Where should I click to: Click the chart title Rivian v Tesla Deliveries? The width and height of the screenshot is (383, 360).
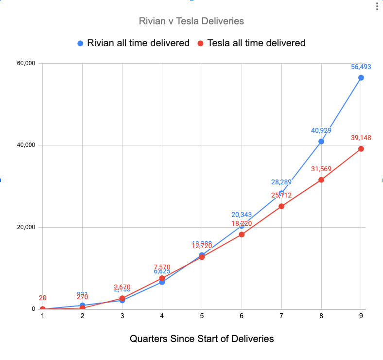191,21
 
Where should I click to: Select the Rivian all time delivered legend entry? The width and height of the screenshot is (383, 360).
133,43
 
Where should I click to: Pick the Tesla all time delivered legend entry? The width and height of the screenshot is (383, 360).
251,43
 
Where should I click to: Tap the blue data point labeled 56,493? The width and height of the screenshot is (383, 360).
361,78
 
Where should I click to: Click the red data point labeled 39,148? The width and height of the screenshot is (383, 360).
361,149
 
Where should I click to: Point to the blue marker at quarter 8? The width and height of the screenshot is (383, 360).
321,142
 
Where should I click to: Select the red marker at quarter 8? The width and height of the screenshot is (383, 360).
321,180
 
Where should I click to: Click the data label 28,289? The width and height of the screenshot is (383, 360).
281,182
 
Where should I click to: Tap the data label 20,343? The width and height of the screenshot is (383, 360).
242,215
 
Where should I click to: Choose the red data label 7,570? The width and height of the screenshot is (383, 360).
162,267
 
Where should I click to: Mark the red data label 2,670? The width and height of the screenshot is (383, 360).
122,287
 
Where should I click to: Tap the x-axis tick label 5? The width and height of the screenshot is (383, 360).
202,316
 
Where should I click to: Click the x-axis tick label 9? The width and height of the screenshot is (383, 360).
361,316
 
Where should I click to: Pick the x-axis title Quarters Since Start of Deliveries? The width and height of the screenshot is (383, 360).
202,338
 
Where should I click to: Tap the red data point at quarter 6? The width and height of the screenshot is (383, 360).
242,234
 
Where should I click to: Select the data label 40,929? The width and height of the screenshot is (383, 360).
321,130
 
